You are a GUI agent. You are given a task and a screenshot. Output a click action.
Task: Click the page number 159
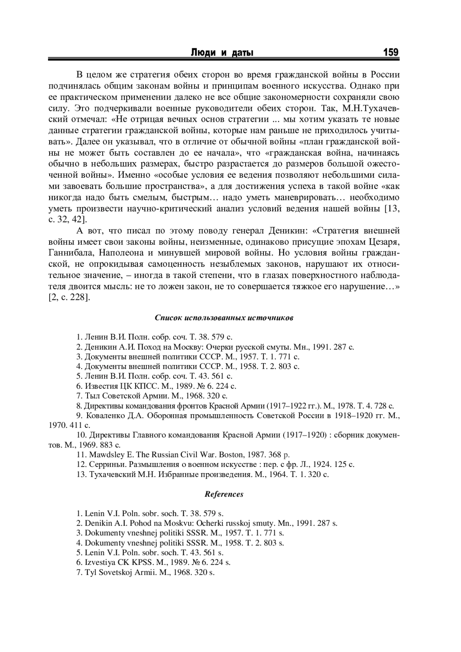coord(390,52)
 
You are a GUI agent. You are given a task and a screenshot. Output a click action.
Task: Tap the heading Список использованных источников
coord(224,318)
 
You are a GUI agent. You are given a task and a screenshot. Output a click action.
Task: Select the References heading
coord(224,494)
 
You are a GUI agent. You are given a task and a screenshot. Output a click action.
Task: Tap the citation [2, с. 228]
coord(69,298)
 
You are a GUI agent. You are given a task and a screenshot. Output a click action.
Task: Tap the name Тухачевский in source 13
coord(112,475)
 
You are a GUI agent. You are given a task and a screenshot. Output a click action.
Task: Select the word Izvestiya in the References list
coord(100,563)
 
